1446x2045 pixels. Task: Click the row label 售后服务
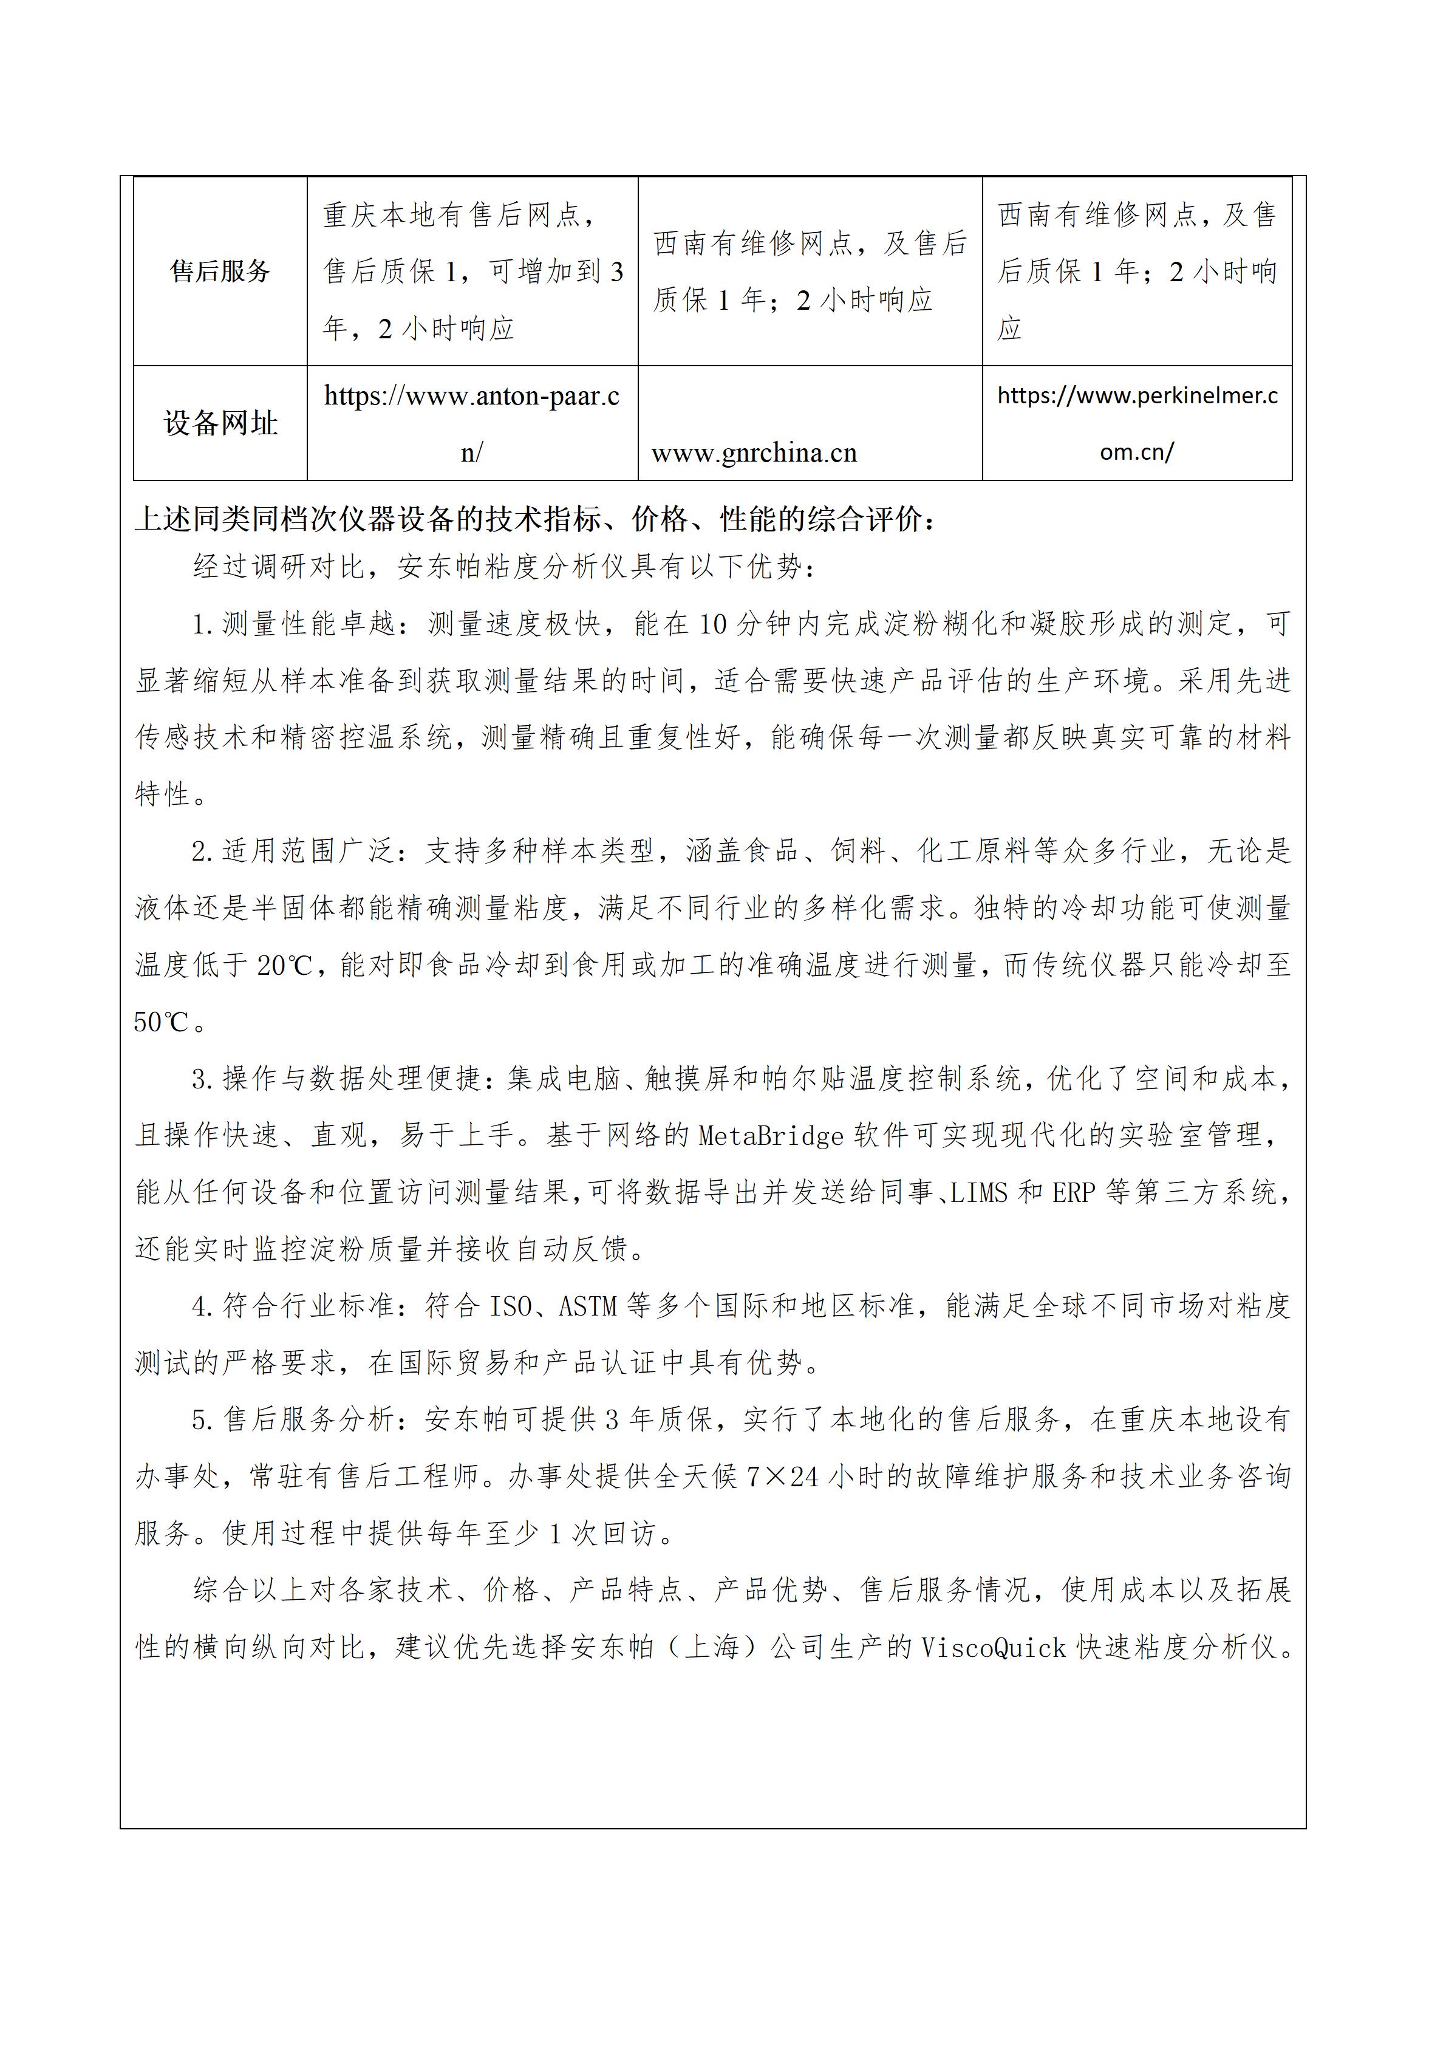click(x=220, y=271)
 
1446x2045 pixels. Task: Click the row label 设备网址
click(x=220, y=423)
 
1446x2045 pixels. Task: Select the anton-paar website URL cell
click(x=472, y=423)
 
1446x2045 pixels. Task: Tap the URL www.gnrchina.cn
click(x=753, y=453)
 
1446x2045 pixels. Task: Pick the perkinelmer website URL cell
click(x=1137, y=423)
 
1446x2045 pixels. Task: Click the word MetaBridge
click(x=770, y=1136)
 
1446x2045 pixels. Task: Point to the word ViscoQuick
click(x=993, y=1648)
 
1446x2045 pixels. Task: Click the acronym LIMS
click(x=980, y=1193)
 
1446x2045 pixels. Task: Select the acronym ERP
click(x=1073, y=1193)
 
